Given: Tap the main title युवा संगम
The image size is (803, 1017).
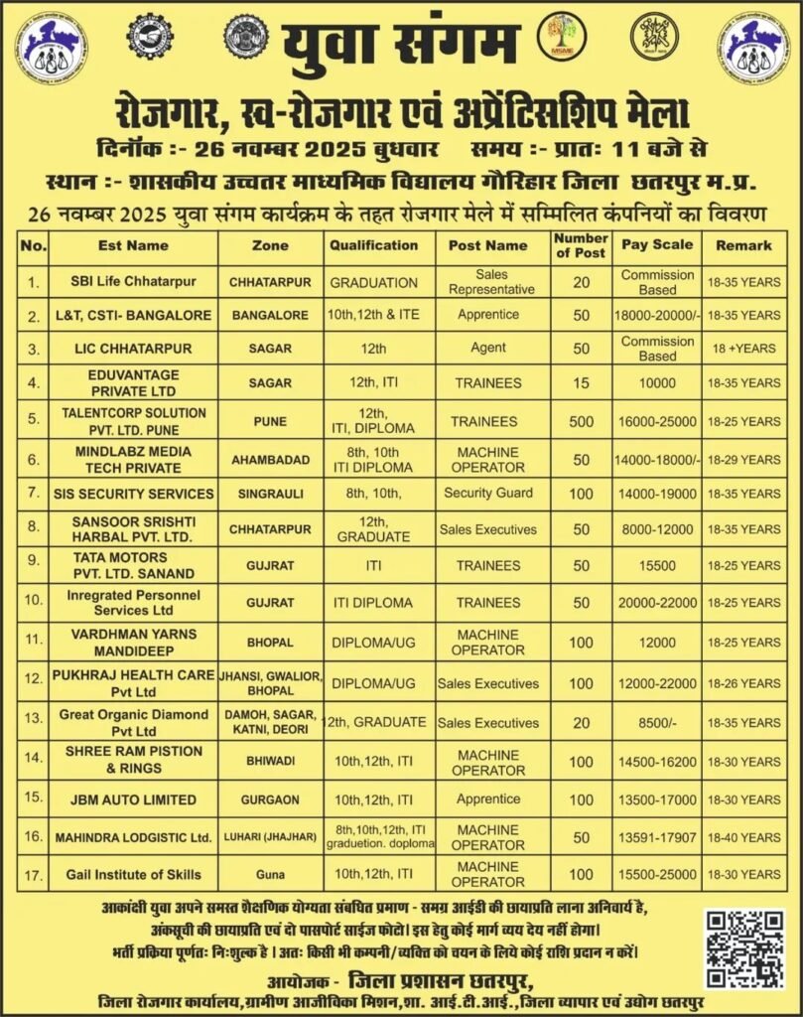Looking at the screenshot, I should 401,45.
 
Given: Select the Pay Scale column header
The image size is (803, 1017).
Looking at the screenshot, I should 657,245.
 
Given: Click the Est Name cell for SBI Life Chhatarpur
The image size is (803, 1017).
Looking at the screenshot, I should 133,282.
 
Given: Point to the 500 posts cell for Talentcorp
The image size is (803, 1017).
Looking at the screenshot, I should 581,421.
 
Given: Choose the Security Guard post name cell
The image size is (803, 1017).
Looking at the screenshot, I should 488,494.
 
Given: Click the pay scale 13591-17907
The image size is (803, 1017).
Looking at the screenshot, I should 657,837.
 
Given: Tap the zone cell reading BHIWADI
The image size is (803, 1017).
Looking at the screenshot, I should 271,762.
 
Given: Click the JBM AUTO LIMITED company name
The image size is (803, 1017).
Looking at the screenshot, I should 133,799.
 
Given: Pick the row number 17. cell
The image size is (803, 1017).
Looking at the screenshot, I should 33,874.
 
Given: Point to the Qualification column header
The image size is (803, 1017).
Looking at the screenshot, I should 374,245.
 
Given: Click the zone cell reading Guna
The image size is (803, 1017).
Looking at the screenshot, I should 271,874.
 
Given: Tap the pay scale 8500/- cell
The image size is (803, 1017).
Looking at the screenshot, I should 657,723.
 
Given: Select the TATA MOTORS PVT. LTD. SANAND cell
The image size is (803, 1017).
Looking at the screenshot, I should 133,566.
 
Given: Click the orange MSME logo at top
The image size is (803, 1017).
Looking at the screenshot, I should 561,39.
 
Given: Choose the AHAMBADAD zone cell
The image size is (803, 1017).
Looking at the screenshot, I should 271,459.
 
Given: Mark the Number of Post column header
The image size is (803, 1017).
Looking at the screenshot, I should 581,245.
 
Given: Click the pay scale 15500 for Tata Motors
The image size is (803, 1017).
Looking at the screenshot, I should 657,566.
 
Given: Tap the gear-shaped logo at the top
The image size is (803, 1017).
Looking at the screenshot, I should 155,39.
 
